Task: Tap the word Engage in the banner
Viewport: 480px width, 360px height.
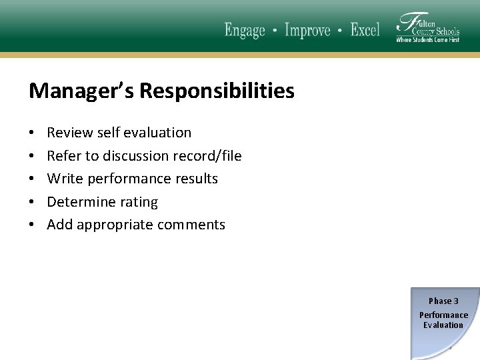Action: coord(245,31)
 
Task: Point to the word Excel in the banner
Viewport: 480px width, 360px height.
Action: coord(365,31)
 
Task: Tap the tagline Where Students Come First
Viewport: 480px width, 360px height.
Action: coord(427,40)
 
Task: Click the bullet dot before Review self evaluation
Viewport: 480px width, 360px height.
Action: coord(32,133)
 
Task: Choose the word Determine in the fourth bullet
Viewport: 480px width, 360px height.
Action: coord(79,202)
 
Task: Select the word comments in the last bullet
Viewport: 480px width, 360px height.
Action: coord(193,225)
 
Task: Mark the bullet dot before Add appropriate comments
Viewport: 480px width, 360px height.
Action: coord(32,225)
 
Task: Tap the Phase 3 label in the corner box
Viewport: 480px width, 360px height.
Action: coord(443,301)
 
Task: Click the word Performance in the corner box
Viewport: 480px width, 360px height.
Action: coord(443,315)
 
